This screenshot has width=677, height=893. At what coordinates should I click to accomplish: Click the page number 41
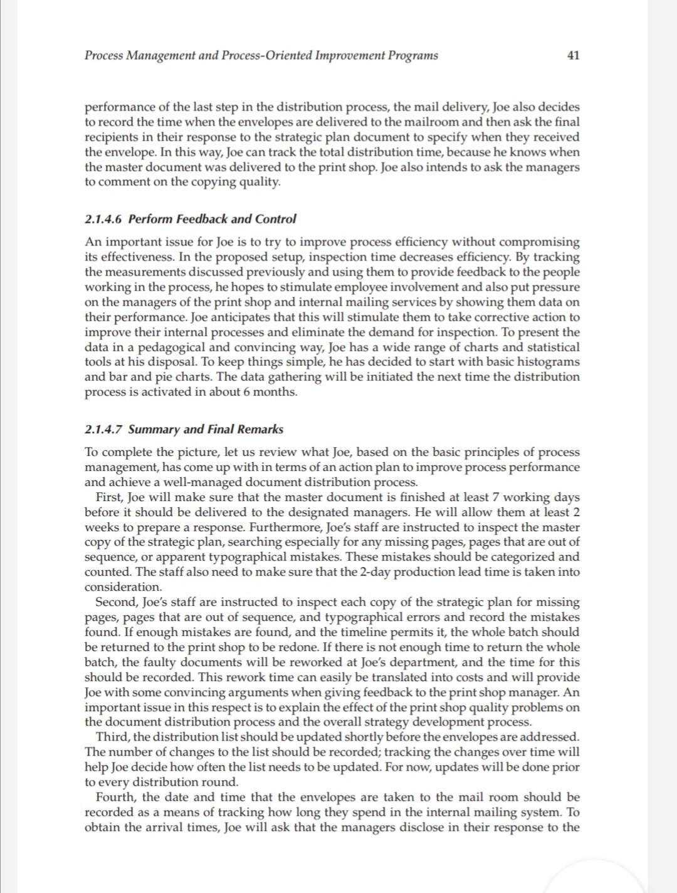click(573, 55)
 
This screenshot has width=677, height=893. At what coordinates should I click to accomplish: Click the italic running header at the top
click(261, 55)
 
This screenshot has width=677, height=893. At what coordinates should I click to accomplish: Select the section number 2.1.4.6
click(104, 219)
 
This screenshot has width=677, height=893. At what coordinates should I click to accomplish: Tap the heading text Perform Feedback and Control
click(212, 219)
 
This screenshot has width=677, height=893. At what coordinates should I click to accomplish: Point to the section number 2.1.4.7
click(104, 430)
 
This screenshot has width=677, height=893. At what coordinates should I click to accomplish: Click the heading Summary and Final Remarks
click(206, 430)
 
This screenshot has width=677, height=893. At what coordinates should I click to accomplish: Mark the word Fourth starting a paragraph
click(115, 798)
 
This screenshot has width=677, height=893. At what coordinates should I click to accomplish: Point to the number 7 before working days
click(496, 497)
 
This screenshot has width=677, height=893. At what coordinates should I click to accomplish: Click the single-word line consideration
click(123, 588)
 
